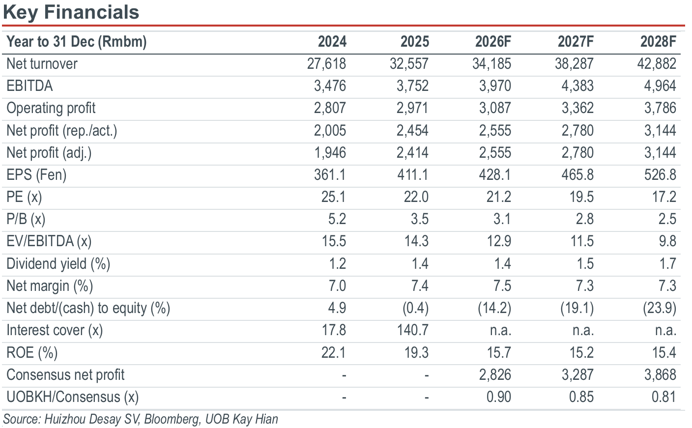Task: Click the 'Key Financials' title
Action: (x=71, y=12)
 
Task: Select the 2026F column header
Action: (x=493, y=42)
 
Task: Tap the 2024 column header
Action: (x=332, y=42)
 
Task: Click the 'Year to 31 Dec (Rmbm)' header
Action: (x=77, y=42)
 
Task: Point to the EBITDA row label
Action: (x=29, y=86)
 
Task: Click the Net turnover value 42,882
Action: (x=657, y=63)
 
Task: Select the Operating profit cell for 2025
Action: (x=412, y=108)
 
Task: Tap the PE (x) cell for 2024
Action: (x=334, y=197)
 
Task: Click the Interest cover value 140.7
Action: (x=413, y=330)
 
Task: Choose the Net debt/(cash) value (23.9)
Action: (x=660, y=308)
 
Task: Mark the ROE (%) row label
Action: (x=32, y=353)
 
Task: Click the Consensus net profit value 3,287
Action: (x=577, y=374)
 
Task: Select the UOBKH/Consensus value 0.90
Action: (x=499, y=397)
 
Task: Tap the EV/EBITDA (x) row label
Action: (x=49, y=241)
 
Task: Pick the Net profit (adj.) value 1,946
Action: (x=330, y=152)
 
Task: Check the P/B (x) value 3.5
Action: (x=420, y=219)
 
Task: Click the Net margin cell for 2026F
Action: (x=502, y=286)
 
